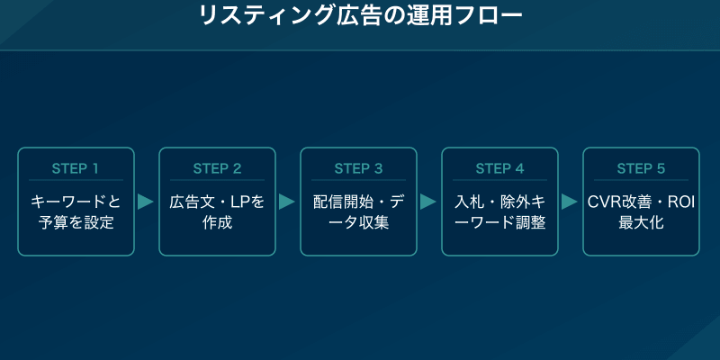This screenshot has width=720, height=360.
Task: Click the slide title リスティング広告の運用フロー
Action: tap(359, 16)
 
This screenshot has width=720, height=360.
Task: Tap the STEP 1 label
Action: tap(76, 168)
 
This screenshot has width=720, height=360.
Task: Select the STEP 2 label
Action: tap(217, 168)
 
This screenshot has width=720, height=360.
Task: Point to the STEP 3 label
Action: tap(358, 168)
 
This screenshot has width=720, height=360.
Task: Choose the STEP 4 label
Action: tap(499, 168)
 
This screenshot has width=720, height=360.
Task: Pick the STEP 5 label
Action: tap(641, 168)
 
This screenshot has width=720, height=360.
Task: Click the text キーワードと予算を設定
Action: tap(76, 211)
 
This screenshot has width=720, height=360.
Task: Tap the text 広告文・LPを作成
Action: tap(217, 211)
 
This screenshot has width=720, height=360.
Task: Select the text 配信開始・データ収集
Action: tap(358, 211)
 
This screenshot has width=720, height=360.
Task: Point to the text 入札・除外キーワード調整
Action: tap(499, 211)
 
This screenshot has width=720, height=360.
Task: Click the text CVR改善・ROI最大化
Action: tap(641, 211)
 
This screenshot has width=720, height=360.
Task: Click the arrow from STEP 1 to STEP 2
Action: tap(146, 202)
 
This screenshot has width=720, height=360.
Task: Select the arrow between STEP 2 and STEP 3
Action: tap(287, 202)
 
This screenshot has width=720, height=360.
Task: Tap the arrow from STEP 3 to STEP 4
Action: tap(428, 202)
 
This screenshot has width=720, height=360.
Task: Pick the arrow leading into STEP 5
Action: tap(570, 202)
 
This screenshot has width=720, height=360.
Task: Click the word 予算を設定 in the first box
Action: tap(76, 222)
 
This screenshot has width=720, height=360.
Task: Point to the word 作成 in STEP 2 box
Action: tap(217, 222)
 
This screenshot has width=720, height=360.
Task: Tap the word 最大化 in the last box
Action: tap(641, 222)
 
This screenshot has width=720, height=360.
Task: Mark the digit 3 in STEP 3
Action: tap(378, 168)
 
